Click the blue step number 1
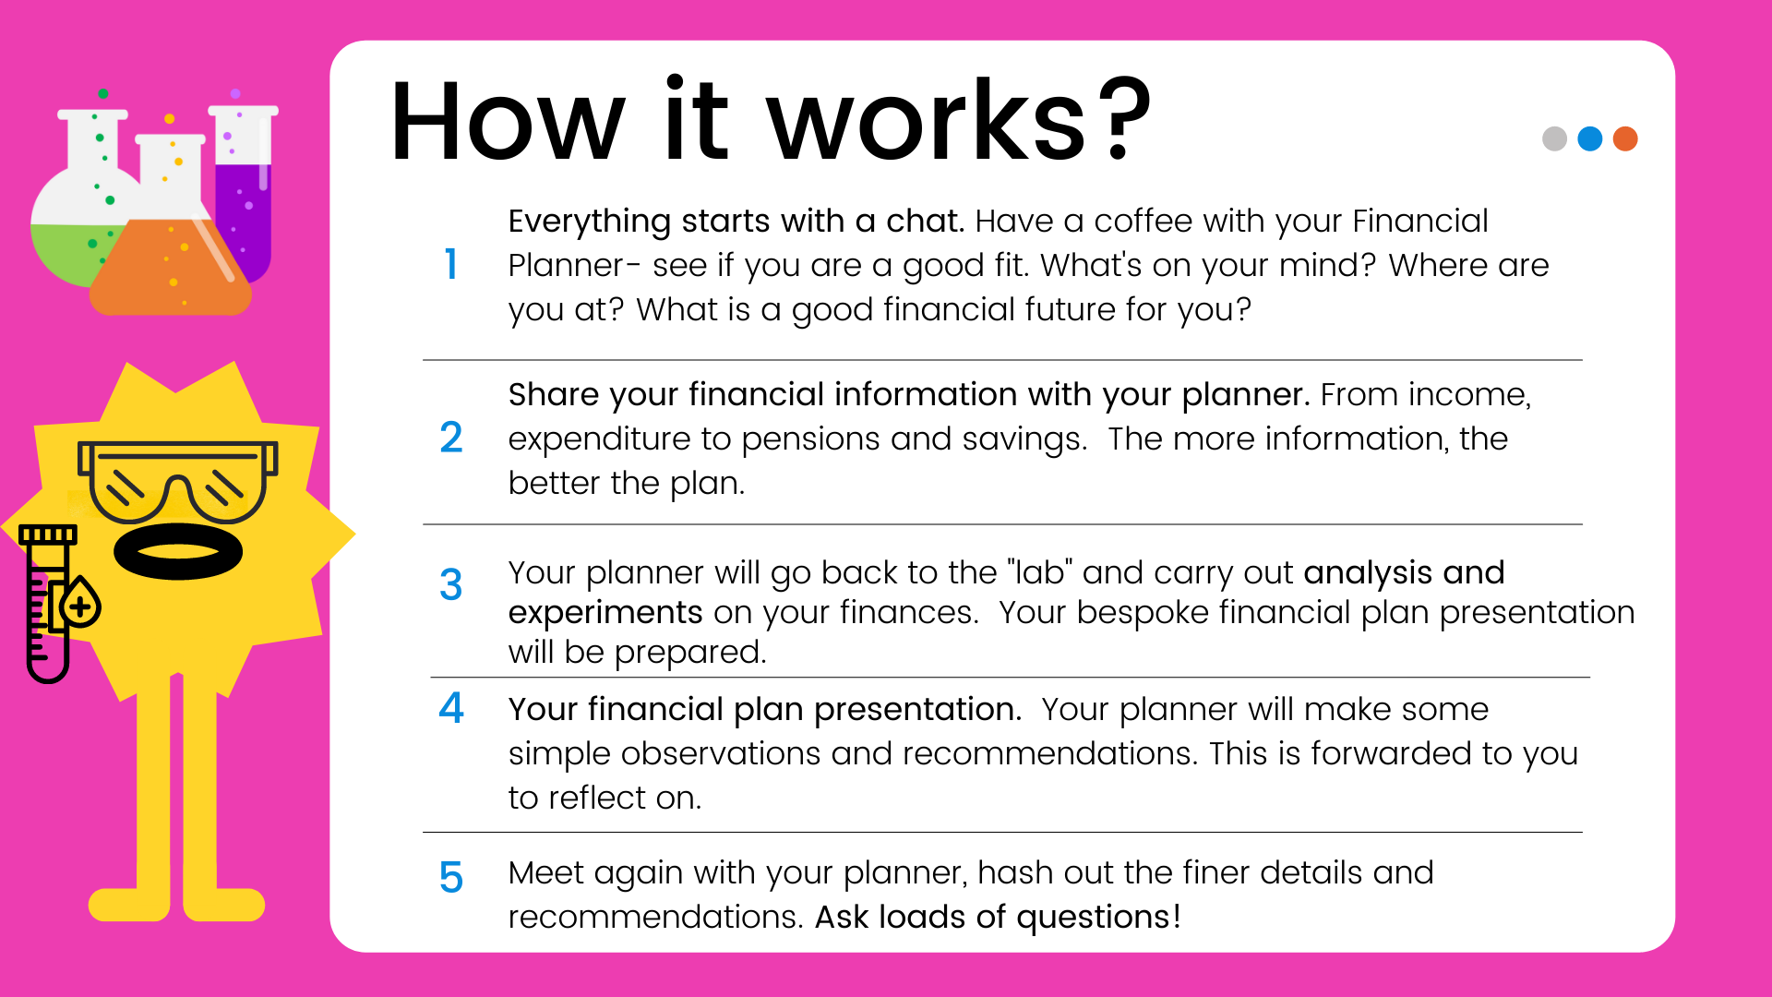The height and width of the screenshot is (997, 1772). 450,264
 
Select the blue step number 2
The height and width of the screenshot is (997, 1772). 450,438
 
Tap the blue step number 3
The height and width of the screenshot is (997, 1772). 450,584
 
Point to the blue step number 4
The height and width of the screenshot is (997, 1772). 450,708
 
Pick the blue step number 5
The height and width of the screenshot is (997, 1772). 450,877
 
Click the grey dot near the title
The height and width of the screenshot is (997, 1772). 1554,138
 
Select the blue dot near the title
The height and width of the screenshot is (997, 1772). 1590,138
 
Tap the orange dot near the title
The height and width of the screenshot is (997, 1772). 1625,138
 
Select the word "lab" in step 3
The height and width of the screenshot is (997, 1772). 1040,572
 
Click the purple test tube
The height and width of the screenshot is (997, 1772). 243,193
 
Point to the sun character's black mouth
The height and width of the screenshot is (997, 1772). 178,551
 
